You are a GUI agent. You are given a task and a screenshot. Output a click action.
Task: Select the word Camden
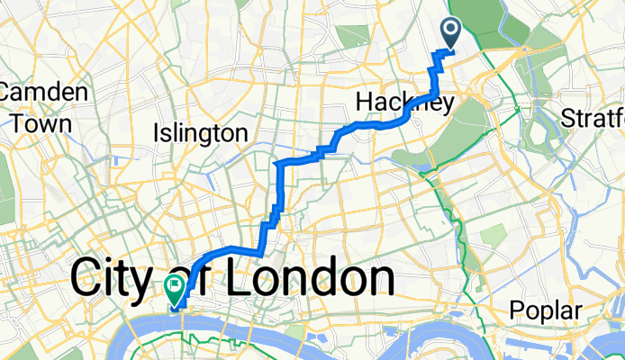coord(43,93)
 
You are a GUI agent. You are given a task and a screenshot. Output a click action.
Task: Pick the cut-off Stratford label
coord(592,117)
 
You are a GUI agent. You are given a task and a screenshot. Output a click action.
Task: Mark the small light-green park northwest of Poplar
coord(494,237)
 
